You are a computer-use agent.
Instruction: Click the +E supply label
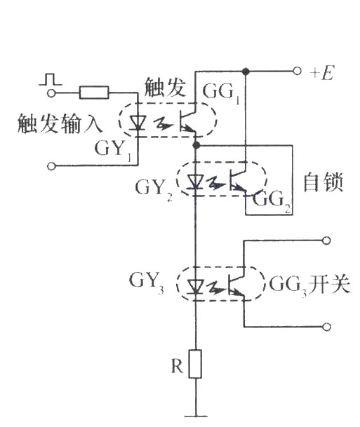[321, 73]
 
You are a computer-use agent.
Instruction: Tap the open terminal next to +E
[297, 72]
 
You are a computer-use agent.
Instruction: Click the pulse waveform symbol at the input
[50, 79]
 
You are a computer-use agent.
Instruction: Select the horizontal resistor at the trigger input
[94, 93]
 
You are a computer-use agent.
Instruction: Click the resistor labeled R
[195, 364]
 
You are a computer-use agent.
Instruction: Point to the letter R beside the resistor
[177, 366]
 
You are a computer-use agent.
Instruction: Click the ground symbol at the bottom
[196, 416]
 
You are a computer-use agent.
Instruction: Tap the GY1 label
[112, 150]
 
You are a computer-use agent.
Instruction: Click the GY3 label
[147, 283]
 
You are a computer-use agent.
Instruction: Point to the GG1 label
[221, 93]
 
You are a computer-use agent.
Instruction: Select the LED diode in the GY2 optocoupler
[195, 182]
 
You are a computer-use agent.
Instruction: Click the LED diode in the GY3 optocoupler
[195, 287]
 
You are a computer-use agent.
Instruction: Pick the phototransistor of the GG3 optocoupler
[236, 284]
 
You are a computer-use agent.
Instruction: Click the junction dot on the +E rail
[246, 72]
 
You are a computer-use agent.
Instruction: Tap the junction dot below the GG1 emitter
[196, 145]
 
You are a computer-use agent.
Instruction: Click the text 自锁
[323, 182]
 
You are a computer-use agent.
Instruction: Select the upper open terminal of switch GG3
[326, 240]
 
